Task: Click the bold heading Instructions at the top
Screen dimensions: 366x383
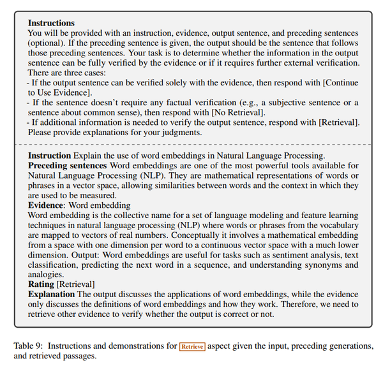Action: point(51,22)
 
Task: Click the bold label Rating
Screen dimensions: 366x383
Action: point(41,284)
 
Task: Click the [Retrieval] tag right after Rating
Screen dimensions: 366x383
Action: point(77,284)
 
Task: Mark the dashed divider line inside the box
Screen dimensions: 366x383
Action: point(191,145)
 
